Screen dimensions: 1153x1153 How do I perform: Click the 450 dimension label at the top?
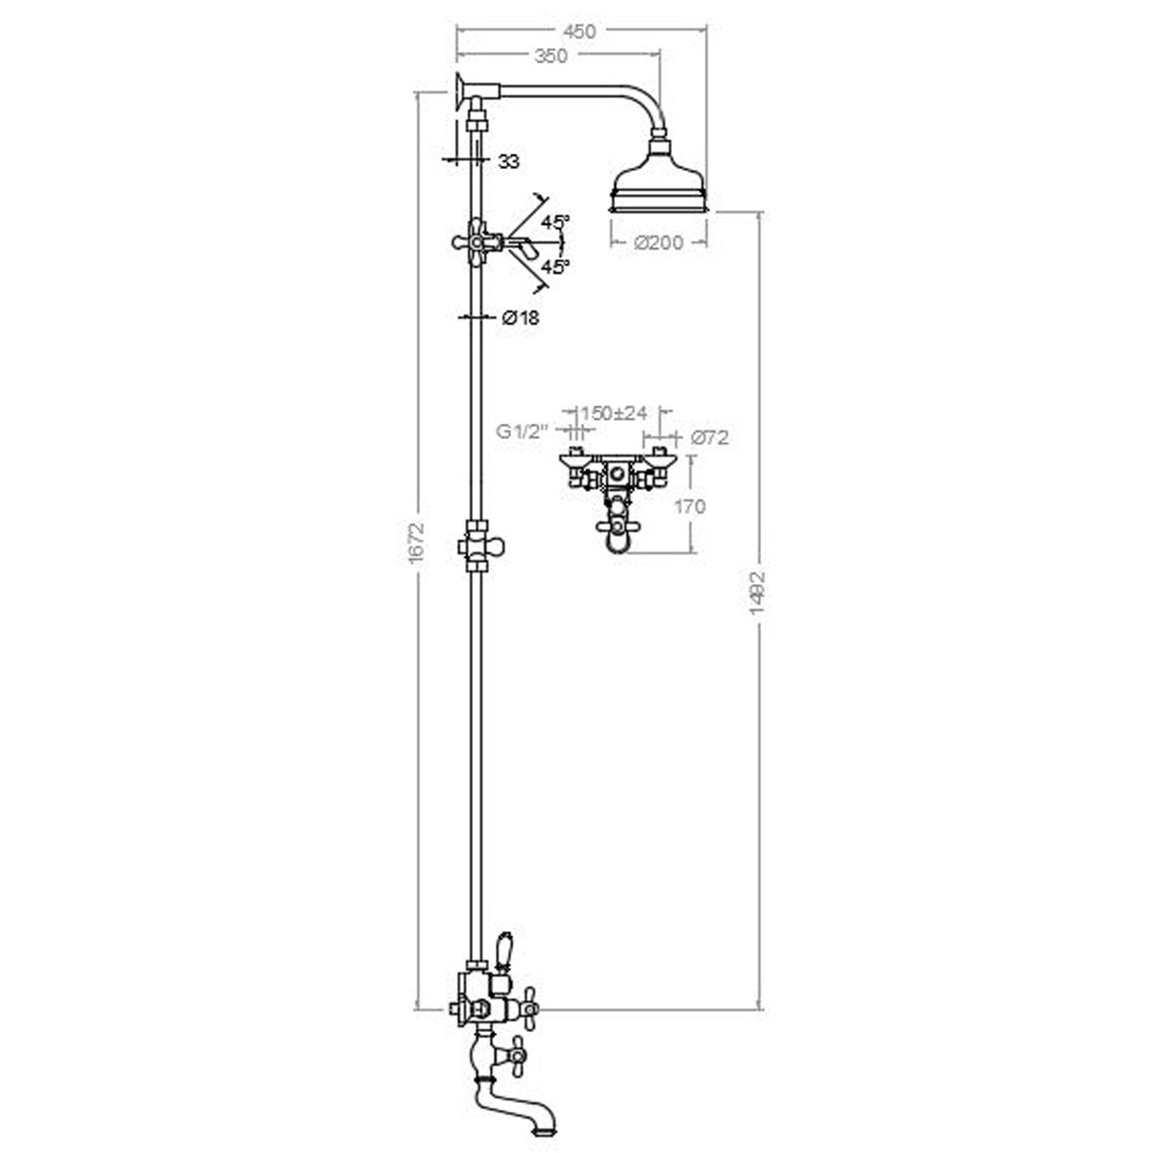pyautogui.click(x=579, y=32)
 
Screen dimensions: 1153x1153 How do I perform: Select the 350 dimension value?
pyautogui.click(x=552, y=57)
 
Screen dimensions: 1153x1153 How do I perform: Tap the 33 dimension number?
pyautogui.click(x=508, y=162)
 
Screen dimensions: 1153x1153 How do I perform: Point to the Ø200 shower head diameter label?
pyautogui.click(x=659, y=243)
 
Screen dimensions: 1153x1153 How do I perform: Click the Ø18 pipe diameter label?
pyautogui.click(x=520, y=318)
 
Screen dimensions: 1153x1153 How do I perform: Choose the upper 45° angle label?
pyautogui.click(x=554, y=221)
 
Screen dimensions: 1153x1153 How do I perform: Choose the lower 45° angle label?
pyautogui.click(x=554, y=266)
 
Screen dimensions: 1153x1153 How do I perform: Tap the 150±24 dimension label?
pyautogui.click(x=616, y=413)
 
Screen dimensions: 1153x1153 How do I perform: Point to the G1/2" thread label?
pyautogui.click(x=522, y=433)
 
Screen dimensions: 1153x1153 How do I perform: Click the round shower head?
pyautogui.click(x=660, y=183)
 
